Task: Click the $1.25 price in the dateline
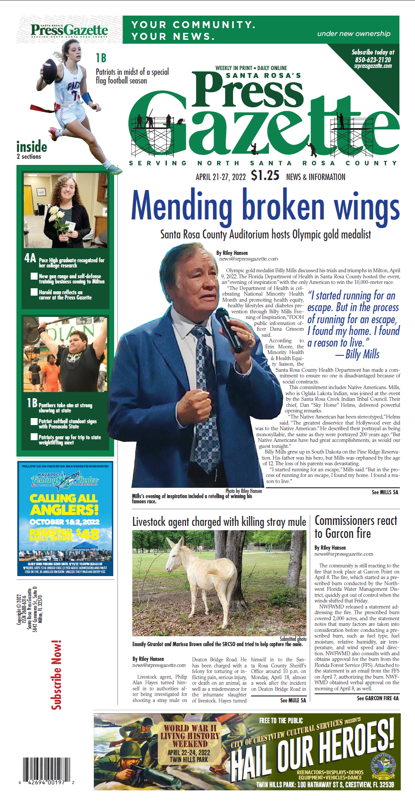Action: tap(265, 175)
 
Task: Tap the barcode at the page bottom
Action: tap(46, 771)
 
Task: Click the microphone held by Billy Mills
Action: tap(229, 329)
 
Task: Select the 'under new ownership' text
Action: tap(354, 33)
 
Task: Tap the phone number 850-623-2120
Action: tap(373, 60)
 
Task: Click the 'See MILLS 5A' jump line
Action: tap(385, 492)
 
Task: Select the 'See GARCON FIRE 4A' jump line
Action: tap(377, 698)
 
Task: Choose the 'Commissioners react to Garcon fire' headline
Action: tap(355, 527)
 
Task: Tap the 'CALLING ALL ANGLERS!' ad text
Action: tap(64, 504)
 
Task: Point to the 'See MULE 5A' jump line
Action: tap(293, 700)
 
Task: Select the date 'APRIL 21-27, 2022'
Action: tap(220, 177)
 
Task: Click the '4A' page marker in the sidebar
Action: tap(30, 258)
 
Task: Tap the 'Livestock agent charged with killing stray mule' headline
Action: tap(219, 522)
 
